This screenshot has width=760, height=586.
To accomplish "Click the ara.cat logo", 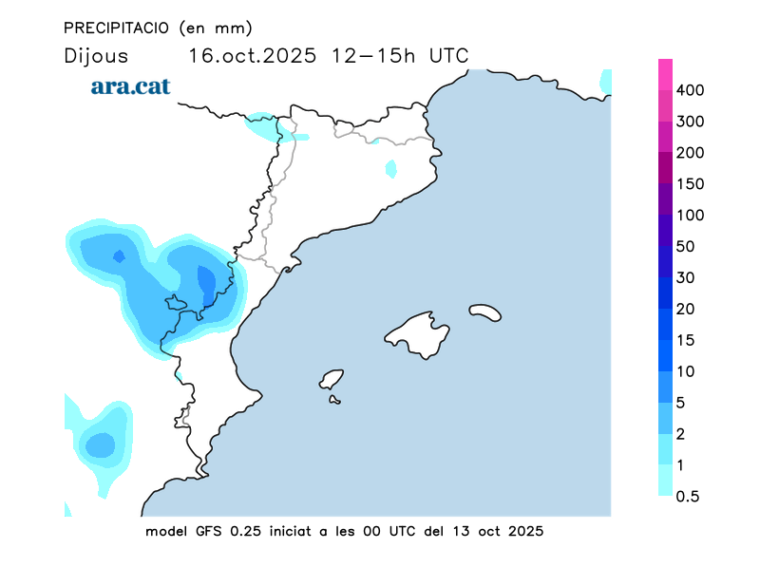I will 130,86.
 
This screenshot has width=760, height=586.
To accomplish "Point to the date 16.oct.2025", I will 252,55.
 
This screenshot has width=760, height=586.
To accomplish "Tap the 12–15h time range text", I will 373,55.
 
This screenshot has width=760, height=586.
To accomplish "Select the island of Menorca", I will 484,312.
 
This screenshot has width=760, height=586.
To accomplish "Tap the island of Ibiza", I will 331,380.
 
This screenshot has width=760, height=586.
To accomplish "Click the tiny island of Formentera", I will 334,400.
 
